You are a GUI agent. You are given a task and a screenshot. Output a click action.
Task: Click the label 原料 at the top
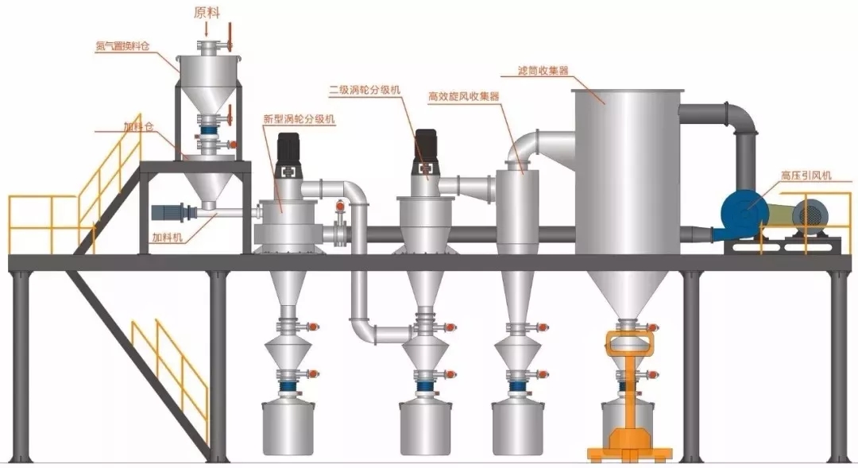(x=207, y=12)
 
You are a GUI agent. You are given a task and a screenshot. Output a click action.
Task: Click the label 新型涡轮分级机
(x=300, y=118)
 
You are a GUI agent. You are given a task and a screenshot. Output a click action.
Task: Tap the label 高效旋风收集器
(x=463, y=96)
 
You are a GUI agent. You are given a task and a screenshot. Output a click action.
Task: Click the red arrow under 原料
(x=207, y=30)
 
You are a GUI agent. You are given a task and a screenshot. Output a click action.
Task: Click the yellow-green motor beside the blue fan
(x=783, y=215)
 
